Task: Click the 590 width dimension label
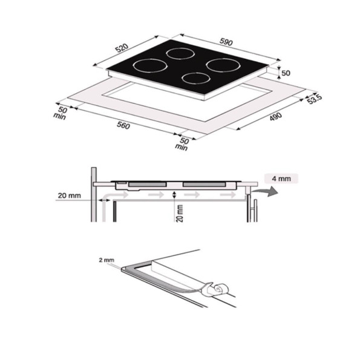(226, 42)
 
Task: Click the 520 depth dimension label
(122, 48)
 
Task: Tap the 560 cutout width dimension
(123, 125)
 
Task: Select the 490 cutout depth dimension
(275, 116)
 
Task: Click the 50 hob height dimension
(286, 73)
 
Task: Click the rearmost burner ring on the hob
(180, 54)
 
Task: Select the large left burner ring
(151, 66)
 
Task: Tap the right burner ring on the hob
(223, 65)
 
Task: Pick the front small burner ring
(196, 78)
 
